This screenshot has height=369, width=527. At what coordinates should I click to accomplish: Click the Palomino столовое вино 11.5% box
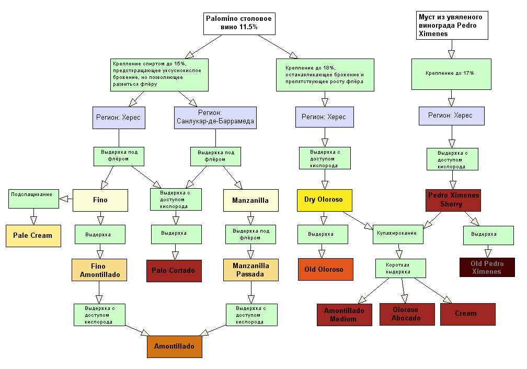[238, 23]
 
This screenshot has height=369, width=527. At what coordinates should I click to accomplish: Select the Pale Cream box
[32, 235]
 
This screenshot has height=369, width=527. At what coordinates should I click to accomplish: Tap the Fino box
[100, 200]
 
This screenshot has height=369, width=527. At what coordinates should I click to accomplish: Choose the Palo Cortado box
[173, 271]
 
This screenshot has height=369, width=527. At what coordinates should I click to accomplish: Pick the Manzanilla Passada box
[251, 270]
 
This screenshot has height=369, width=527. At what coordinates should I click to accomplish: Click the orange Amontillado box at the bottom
[174, 347]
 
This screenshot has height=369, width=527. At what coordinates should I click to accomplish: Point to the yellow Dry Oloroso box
[324, 200]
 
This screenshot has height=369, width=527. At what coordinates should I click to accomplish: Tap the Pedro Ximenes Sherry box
[453, 200]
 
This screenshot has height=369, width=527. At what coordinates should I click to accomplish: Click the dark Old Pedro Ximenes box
[487, 268]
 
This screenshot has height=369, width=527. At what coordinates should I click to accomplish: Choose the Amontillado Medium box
[344, 315]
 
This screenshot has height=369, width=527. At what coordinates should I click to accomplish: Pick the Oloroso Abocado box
[407, 314]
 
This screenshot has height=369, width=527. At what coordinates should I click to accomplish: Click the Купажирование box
[397, 234]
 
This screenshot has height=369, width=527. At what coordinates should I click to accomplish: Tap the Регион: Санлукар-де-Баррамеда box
[215, 118]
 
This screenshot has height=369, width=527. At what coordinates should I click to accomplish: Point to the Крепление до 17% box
[451, 74]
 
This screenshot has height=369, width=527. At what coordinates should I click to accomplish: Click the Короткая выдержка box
[400, 269]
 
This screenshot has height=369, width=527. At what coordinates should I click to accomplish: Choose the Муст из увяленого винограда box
[452, 25]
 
